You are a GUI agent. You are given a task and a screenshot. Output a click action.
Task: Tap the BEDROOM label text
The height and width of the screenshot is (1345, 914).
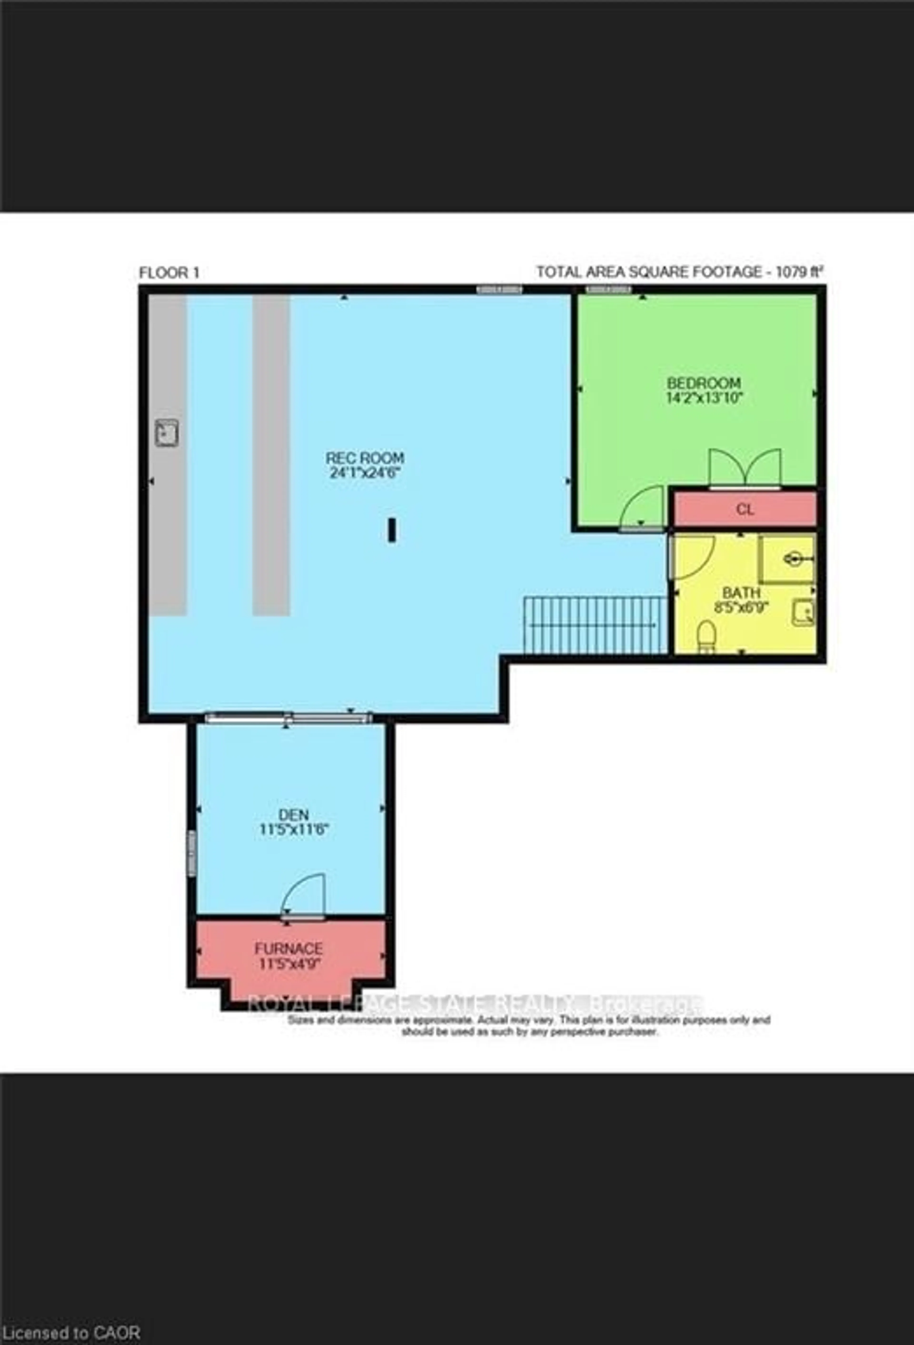tap(703, 383)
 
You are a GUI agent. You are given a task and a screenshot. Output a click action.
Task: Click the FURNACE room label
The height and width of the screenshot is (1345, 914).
tap(288, 949)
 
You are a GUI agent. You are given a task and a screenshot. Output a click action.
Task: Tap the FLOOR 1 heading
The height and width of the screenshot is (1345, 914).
tap(169, 273)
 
